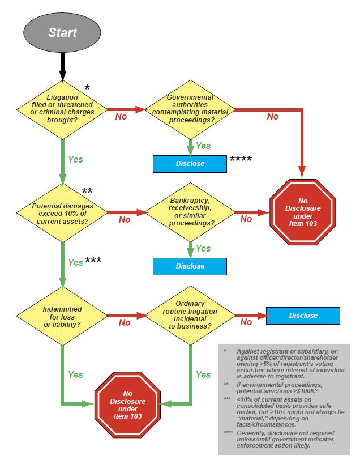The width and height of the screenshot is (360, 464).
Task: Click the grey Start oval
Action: click(62, 32)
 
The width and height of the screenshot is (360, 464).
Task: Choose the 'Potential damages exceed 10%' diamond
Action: click(62, 211)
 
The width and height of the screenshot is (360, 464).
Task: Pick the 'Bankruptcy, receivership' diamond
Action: click(190, 211)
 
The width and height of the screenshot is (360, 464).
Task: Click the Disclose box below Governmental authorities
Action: click(190, 164)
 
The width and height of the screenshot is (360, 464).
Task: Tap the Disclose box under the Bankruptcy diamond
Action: click(190, 266)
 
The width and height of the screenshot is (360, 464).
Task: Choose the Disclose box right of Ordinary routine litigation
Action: click(303, 316)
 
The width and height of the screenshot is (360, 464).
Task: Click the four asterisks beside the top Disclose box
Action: click(241, 160)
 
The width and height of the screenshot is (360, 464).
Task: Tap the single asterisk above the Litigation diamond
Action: click(87, 88)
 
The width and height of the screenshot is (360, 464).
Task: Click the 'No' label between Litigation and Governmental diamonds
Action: click(121, 116)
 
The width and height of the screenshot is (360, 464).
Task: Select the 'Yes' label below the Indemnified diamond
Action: click(75, 374)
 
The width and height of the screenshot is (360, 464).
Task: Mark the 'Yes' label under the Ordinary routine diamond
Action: click(203, 374)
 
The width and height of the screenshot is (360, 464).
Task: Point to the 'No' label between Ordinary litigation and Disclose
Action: click(246, 322)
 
